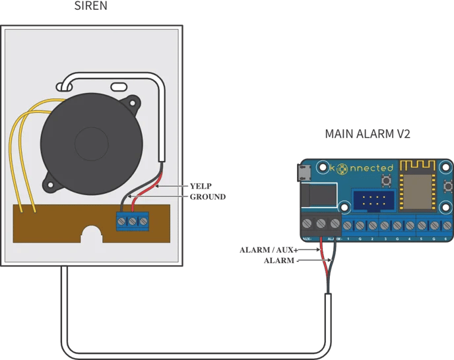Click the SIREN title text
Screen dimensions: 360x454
tap(92, 7)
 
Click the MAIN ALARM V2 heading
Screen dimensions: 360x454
tap(368, 134)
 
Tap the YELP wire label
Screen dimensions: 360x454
tap(201, 186)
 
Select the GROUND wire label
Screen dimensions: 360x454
tap(207, 196)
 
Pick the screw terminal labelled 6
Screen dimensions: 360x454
tap(447, 225)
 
